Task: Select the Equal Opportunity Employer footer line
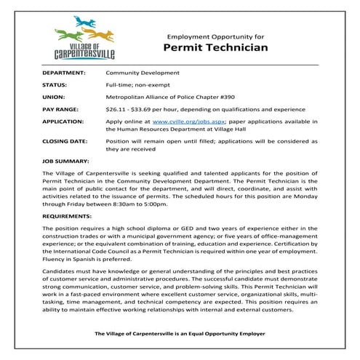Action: (180, 332)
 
